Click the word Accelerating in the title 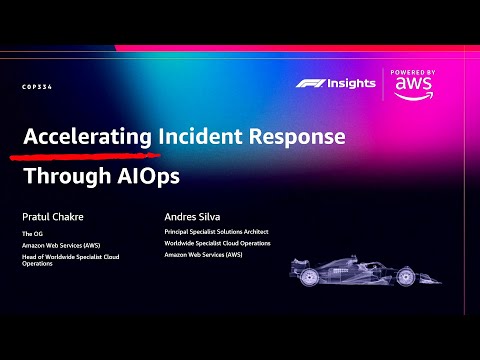click(x=87, y=137)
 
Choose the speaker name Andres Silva click(x=192, y=215)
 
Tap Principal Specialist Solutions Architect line click(x=216, y=232)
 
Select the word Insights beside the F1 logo click(x=350, y=83)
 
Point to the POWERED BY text click(x=413, y=73)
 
